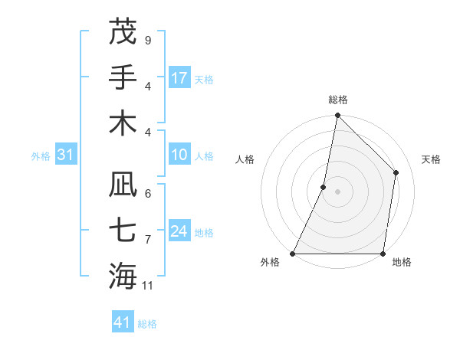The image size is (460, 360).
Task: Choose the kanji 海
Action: coord(123,276)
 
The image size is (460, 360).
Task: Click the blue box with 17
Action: coord(179,78)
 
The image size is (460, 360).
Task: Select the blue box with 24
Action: coord(179,232)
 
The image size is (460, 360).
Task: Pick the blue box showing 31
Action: coord(66,155)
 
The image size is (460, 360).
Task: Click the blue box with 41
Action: coord(123,322)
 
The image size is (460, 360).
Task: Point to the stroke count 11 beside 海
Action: coord(148,286)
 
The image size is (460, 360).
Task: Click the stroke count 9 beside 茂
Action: coord(147,40)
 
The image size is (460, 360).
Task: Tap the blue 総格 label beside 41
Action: coord(147,324)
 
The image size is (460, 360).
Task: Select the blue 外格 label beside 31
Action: coord(41,156)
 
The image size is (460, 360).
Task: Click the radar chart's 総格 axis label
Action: coord(337,100)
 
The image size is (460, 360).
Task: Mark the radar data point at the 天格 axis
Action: coord(396,172)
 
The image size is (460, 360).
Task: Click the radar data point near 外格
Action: coord(293,253)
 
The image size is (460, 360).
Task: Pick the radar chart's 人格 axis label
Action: coord(245,159)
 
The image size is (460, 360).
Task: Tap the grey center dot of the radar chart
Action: coord(337,191)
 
